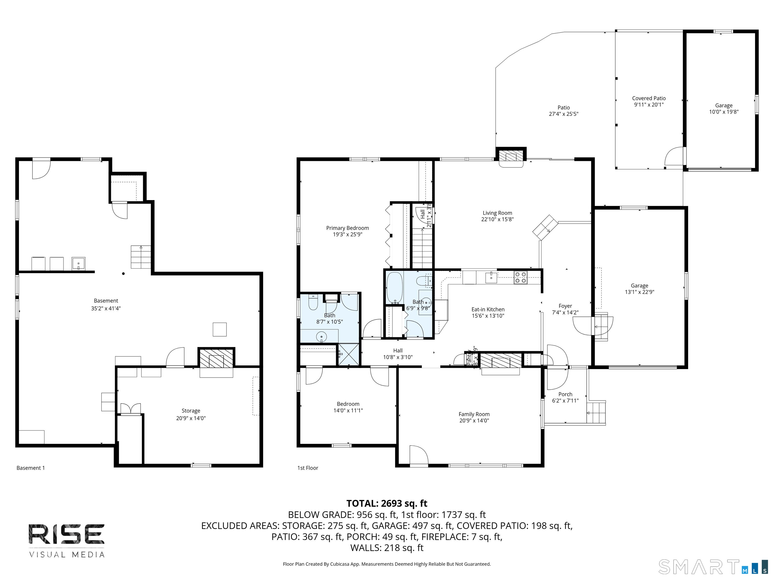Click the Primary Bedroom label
(347, 228)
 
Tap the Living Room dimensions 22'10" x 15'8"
(497, 220)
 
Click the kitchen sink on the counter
(491, 277)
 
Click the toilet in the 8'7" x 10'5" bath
(313, 303)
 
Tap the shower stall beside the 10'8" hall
(348, 354)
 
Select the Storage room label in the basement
(191, 411)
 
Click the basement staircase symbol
(141, 257)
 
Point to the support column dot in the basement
(123, 274)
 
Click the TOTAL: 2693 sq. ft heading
(387, 503)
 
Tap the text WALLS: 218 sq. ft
(387, 548)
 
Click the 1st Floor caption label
(308, 468)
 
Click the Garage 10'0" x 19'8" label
(724, 105)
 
